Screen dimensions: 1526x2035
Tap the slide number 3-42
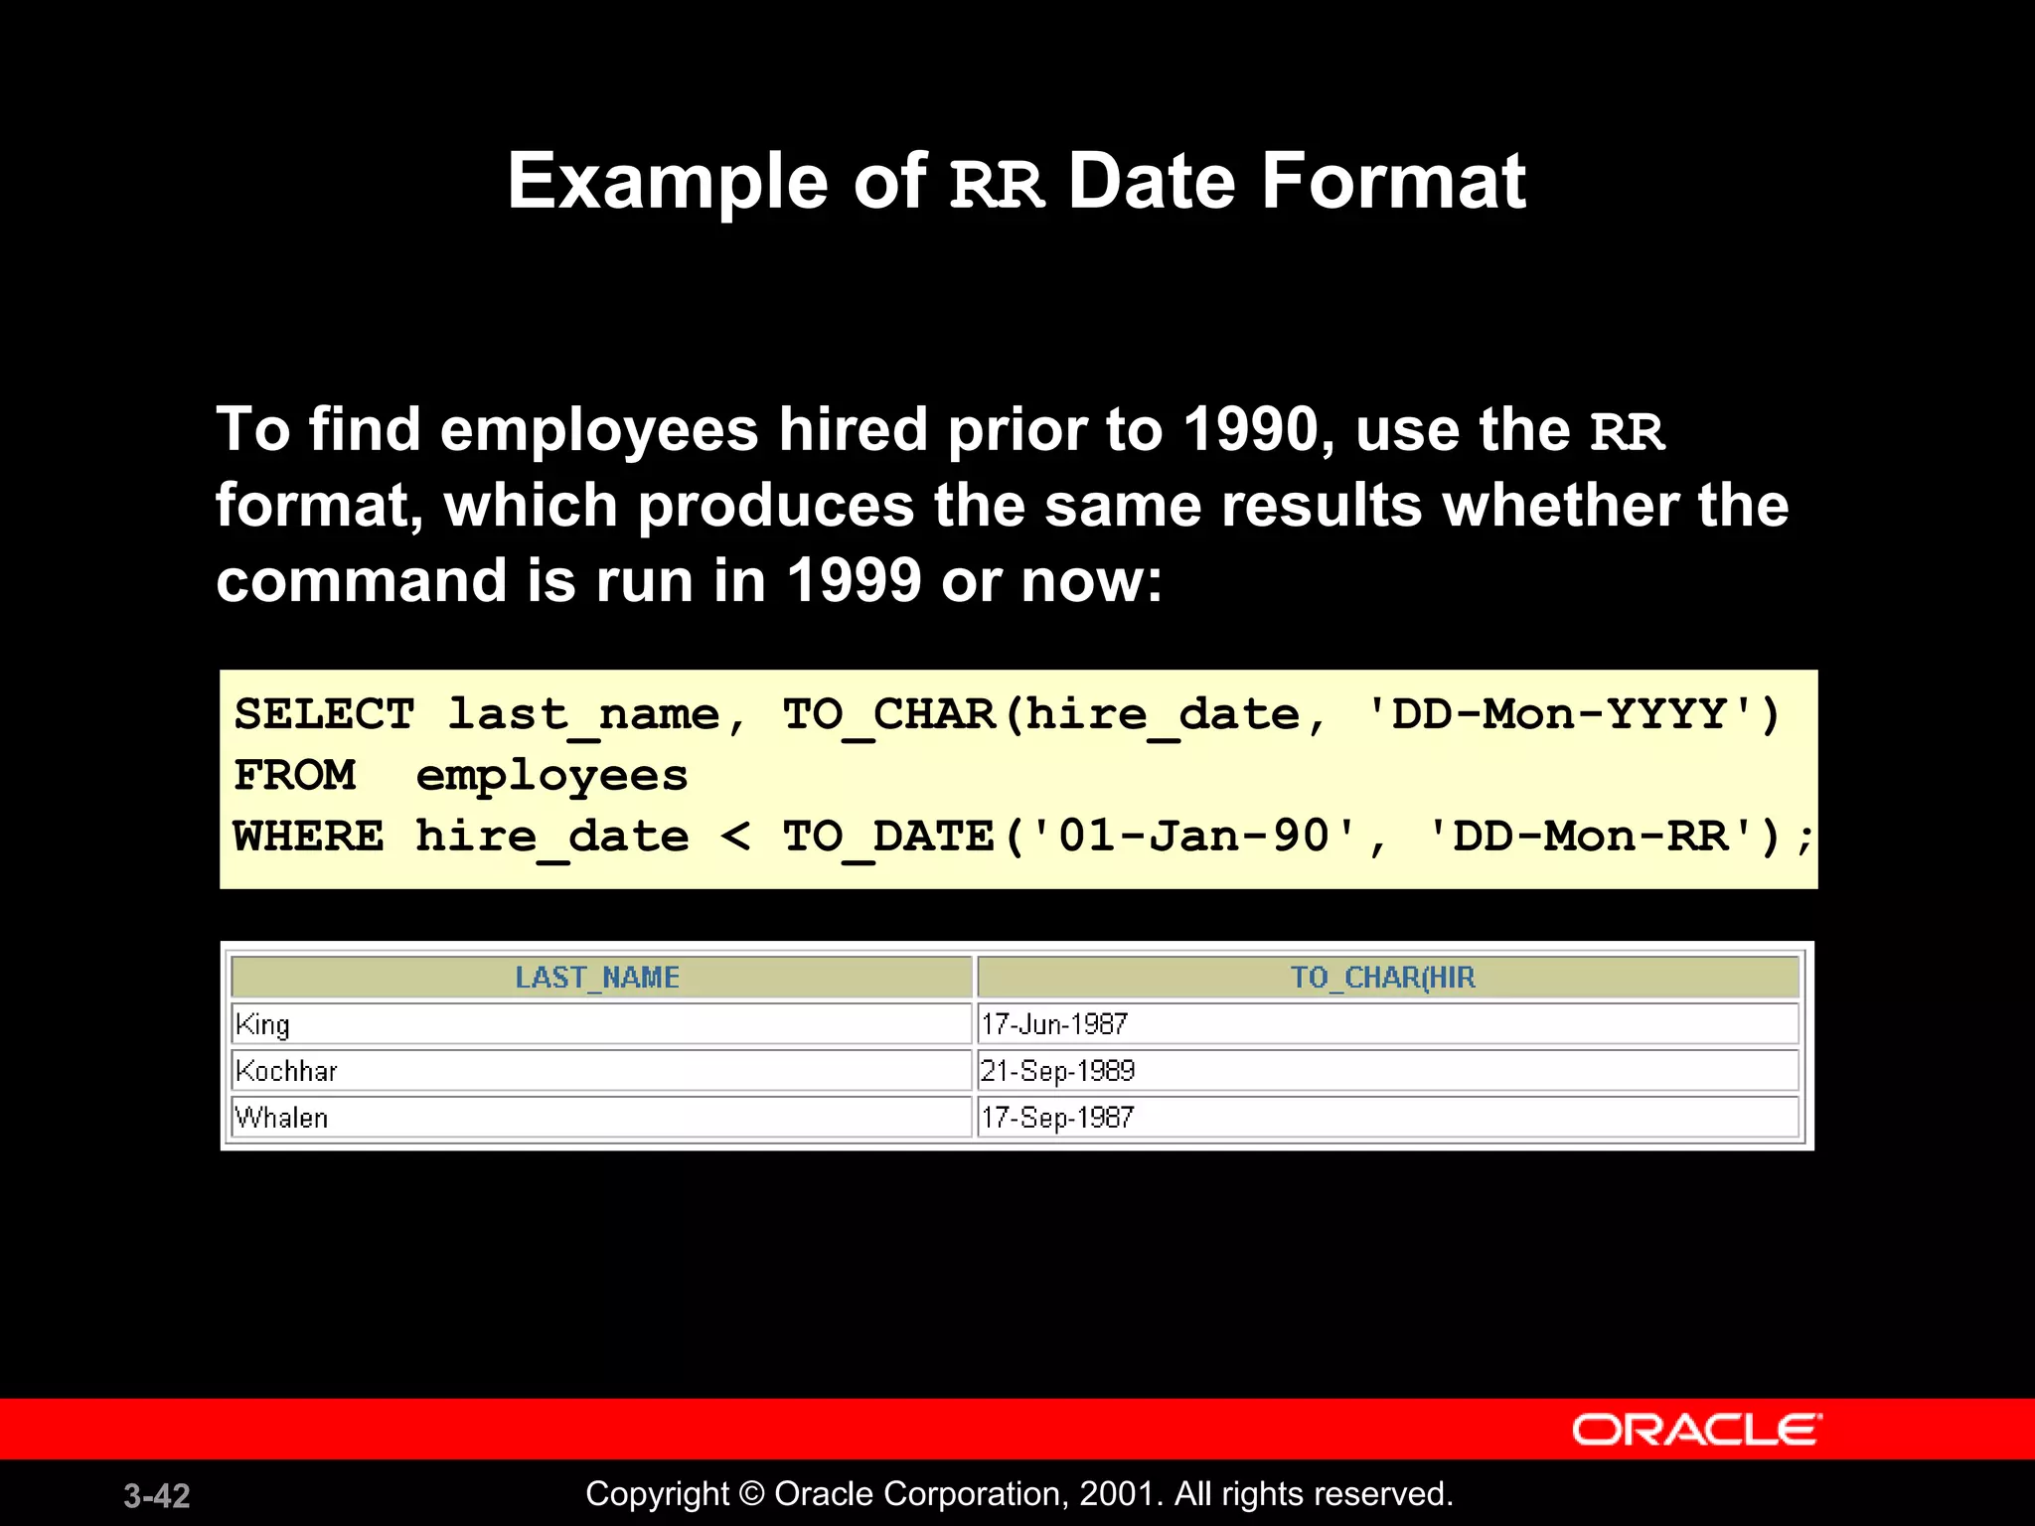tap(157, 1495)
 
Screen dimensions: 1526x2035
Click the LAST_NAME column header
tap(597, 978)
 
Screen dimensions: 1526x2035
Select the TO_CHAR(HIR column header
tap(1382, 978)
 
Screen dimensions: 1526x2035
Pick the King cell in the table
tap(263, 1024)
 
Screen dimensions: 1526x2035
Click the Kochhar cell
tap(286, 1071)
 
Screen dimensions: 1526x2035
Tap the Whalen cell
tap(281, 1118)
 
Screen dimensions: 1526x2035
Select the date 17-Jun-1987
tap(1054, 1024)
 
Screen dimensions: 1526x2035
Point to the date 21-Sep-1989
tap(1057, 1071)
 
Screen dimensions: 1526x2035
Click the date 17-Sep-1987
tap(1057, 1118)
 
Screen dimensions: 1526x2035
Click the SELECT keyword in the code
tap(324, 714)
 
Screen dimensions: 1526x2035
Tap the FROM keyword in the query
tap(294, 775)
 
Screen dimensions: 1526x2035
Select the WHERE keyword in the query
tap(308, 836)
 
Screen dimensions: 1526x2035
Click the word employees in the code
tap(551, 776)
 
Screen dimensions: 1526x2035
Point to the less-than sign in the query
tap(735, 836)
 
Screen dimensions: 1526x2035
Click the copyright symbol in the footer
tap(751, 1494)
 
